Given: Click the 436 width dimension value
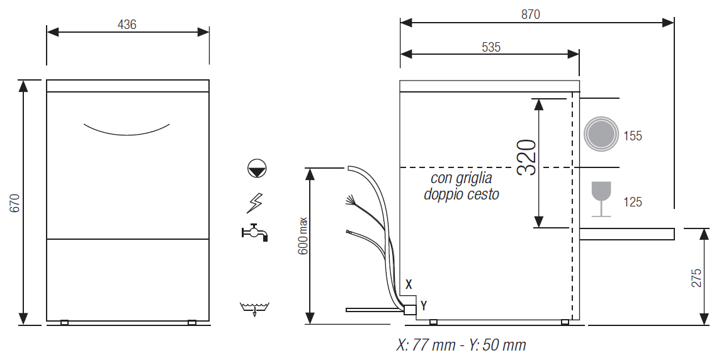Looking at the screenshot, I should click(x=127, y=25).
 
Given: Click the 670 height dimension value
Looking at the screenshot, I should click(x=15, y=203).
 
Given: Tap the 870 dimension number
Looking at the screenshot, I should click(x=530, y=14).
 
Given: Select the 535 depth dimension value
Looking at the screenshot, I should click(x=490, y=47).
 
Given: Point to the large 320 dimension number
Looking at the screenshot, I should click(x=526, y=157).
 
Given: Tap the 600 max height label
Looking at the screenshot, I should click(x=303, y=236).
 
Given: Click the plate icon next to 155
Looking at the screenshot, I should click(x=600, y=135).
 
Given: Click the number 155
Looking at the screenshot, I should click(x=633, y=136).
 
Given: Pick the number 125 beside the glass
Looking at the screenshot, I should click(x=633, y=202).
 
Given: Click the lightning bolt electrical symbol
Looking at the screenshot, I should click(x=255, y=202).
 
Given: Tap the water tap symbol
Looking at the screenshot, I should click(x=255, y=232).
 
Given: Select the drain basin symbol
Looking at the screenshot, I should click(x=254, y=308).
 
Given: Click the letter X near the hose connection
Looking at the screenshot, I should click(x=409, y=284).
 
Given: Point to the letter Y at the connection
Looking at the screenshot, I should click(x=424, y=306).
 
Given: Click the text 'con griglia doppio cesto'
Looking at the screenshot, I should click(x=461, y=186).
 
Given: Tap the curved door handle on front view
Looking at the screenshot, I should click(x=127, y=130).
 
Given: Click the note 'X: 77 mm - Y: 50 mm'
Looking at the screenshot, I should click(x=460, y=345).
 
